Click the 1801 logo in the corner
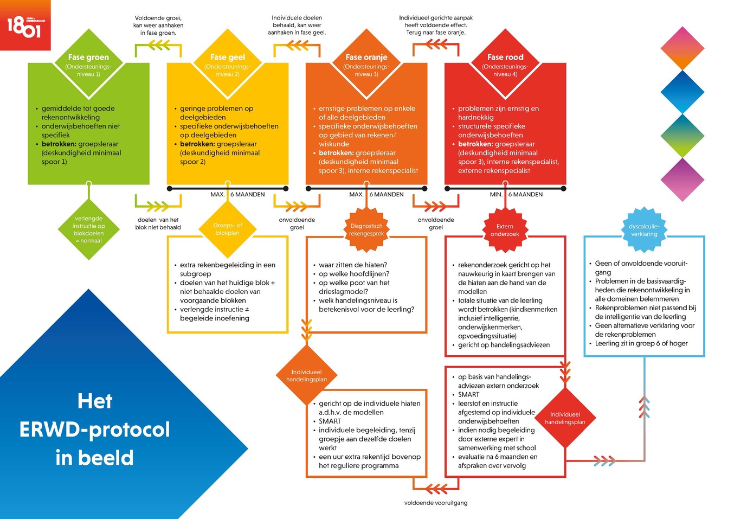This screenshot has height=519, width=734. click(x=25, y=25)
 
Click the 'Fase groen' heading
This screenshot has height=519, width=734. click(x=88, y=57)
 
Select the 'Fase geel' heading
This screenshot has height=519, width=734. click(x=227, y=57)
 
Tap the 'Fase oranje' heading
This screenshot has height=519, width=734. click(x=366, y=57)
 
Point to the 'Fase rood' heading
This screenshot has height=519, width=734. click(x=505, y=57)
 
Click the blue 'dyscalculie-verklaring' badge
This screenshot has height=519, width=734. click(x=644, y=230)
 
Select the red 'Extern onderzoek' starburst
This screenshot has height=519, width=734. click(x=505, y=230)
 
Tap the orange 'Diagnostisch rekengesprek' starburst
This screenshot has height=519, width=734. click(x=366, y=230)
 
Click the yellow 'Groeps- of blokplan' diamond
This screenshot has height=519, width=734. click(x=227, y=229)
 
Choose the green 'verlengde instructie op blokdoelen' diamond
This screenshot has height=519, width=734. click(x=89, y=229)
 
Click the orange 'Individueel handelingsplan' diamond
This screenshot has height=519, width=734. click(x=306, y=376)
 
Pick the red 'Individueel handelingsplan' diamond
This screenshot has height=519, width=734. click(x=565, y=418)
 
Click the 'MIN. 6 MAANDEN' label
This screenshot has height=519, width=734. click(x=516, y=194)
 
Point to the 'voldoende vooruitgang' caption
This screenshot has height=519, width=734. click(x=436, y=503)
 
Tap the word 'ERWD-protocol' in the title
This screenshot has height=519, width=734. click(x=95, y=430)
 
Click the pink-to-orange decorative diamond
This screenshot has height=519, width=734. click(x=683, y=48)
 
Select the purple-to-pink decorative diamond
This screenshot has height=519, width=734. click(x=683, y=180)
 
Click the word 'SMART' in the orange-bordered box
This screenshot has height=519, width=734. click(x=330, y=421)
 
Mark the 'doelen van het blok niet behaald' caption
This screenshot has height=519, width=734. click(x=158, y=223)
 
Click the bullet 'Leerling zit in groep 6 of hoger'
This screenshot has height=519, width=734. click(x=641, y=343)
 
